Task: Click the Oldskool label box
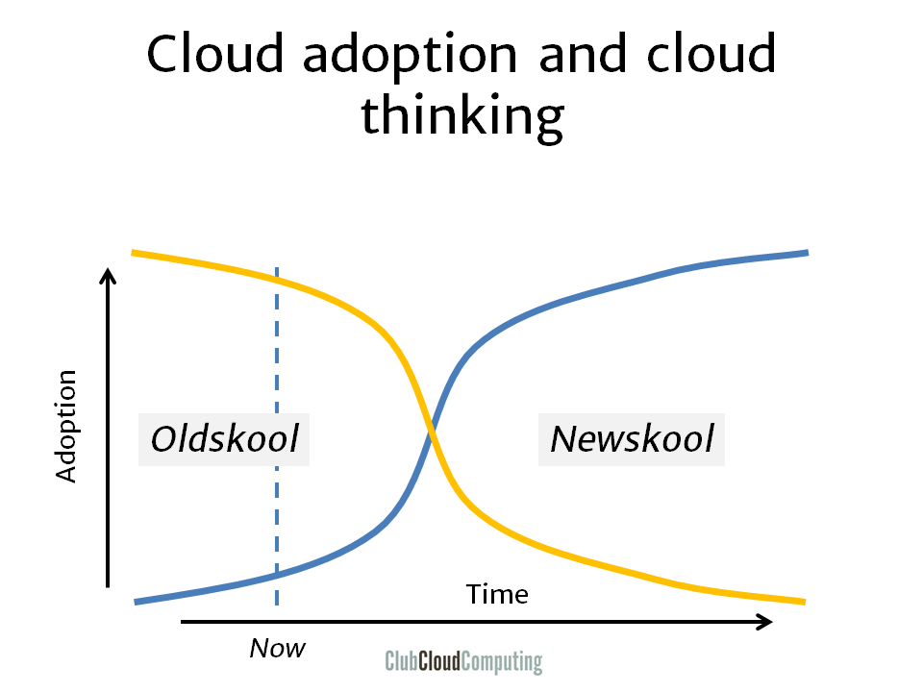click(224, 439)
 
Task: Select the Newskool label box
click(632, 439)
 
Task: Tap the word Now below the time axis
click(277, 649)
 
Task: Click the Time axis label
click(497, 594)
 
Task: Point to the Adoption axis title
click(66, 427)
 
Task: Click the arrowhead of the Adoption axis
click(108, 275)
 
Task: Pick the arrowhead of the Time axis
click(764, 622)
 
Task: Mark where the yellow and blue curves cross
click(433, 434)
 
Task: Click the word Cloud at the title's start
click(214, 54)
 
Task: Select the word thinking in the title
click(462, 116)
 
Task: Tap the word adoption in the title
click(410, 57)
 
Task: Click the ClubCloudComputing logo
click(463, 661)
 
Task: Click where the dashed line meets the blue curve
click(277, 574)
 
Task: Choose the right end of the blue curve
click(807, 253)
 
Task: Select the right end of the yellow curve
click(804, 602)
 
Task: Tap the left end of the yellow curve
click(133, 253)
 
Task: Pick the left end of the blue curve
click(136, 602)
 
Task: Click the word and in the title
click(582, 54)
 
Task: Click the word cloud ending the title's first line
click(711, 54)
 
